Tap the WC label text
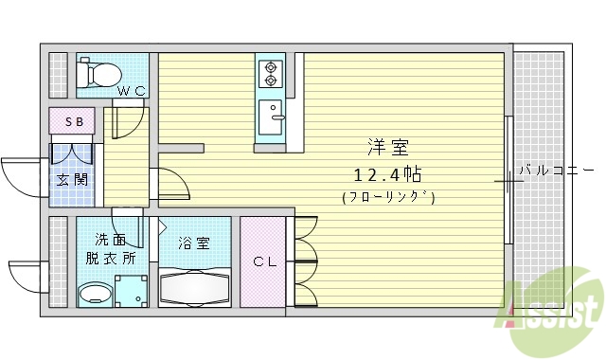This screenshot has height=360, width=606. coord(131,92)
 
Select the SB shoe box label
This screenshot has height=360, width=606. coord(73,122)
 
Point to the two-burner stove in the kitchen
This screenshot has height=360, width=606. coord(271,72)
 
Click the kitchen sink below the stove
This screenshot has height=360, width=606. coord(273,116)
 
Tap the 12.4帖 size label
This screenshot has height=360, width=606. coord(387,174)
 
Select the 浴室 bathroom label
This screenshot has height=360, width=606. coord(193,243)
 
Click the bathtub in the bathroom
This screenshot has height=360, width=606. coord(194,287)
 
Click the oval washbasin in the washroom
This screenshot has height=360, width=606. coord(94,293)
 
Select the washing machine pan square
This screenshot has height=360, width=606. coord(131,291)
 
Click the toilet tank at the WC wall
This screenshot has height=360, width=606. coord(84,71)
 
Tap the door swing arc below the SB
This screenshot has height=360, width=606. coord(74,153)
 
